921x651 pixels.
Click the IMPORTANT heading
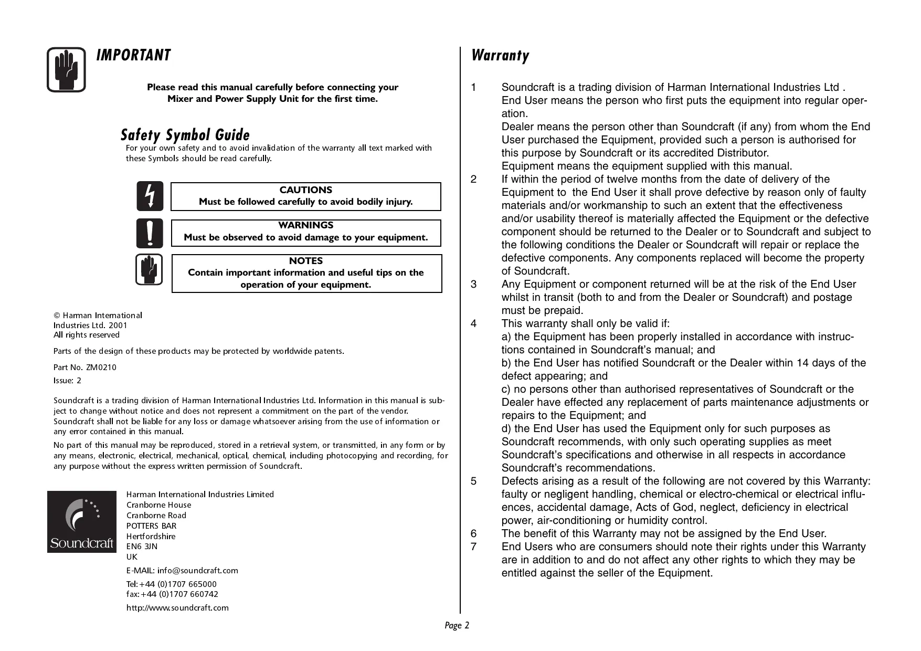[133, 55]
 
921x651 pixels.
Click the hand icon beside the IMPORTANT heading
[66, 70]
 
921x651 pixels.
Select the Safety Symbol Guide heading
[185, 135]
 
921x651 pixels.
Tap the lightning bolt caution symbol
[150, 196]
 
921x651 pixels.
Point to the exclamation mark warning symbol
[150, 233]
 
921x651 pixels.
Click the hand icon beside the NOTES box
[149, 270]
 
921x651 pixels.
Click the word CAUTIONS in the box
[306, 190]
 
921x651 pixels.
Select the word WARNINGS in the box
[306, 225]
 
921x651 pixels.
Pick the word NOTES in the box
[306, 261]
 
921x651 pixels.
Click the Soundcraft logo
[82, 521]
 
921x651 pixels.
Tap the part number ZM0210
[101, 367]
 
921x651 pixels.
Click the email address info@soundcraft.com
[197, 571]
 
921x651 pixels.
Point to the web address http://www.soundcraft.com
[177, 608]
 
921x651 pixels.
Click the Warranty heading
[500, 55]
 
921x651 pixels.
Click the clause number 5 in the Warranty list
[474, 481]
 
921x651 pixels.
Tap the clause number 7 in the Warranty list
[474, 547]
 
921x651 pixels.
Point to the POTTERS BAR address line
[151, 526]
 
